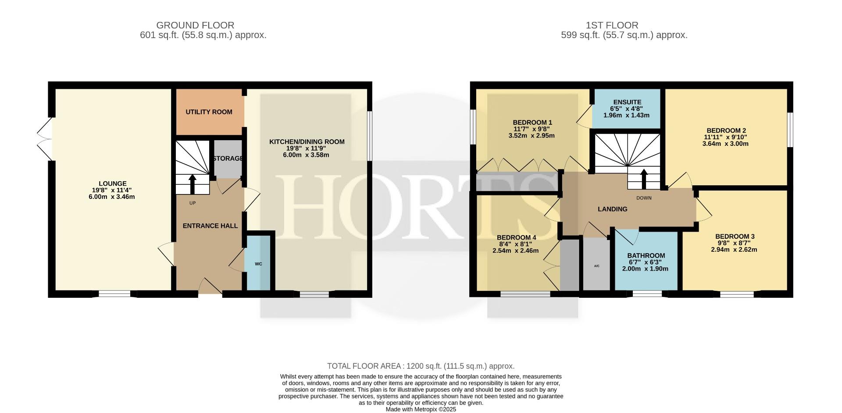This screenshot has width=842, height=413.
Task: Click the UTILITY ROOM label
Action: coord(209,112)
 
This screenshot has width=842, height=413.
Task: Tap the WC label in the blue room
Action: coord(258,264)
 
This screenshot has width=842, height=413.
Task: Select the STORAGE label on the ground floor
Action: coord(228,159)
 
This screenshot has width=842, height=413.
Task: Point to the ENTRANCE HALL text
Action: coord(210,226)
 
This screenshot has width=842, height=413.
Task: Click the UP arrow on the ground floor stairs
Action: coord(193,184)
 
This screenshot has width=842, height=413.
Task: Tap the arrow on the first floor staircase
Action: coord(644,179)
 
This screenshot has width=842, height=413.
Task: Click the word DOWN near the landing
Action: coord(644,198)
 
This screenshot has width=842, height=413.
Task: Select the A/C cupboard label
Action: coord(596,266)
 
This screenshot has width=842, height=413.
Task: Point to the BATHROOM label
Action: coord(646,256)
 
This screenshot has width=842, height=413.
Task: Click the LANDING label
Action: coord(612,209)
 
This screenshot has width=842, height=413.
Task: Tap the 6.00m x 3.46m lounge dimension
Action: coord(112,197)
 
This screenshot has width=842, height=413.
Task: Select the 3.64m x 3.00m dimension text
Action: coord(725,144)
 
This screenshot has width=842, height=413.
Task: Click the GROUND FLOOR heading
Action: coord(195,25)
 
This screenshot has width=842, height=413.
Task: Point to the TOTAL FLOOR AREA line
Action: coord(421,366)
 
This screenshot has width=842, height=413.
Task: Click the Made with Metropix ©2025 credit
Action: coord(421,409)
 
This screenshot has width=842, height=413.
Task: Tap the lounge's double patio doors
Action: coord(45,139)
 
